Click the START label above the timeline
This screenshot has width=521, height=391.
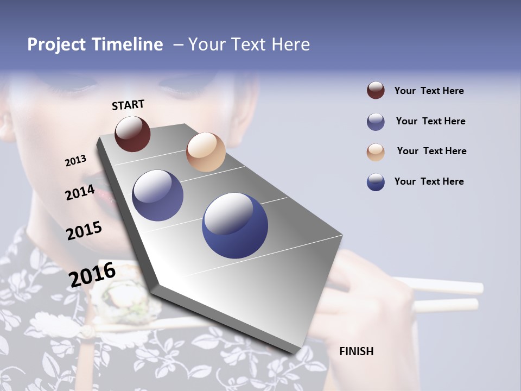point(128,105)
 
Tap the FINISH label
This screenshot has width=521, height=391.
point(357,351)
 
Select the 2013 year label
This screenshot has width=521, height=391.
point(75,161)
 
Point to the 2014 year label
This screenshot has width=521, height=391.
point(80,193)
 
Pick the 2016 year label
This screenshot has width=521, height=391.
point(92,275)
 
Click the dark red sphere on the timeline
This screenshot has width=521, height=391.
point(132,134)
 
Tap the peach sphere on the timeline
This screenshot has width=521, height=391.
point(206,152)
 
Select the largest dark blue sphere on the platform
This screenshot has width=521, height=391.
point(235,225)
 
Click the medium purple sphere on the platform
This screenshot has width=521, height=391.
point(158,195)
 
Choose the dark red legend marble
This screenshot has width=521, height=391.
point(376,91)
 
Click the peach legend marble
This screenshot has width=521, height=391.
point(376,152)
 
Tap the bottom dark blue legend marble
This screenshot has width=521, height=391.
point(376,182)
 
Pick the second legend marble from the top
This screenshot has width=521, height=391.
point(376,122)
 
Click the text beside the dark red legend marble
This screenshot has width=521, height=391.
point(429,91)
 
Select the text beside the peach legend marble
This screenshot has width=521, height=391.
point(431,151)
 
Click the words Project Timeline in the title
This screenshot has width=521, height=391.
point(95,45)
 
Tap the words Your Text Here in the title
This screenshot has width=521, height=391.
point(249,45)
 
